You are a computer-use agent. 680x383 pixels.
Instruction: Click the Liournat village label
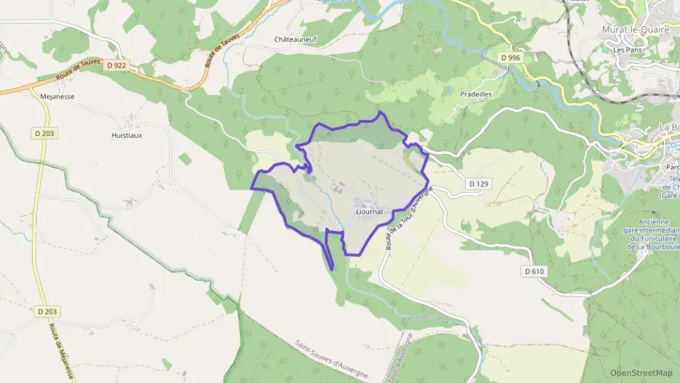[x=370, y=212]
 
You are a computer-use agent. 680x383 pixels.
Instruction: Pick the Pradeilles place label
[x=477, y=94]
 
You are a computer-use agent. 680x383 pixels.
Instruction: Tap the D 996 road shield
[x=511, y=57]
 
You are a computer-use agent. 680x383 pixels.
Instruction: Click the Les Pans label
[x=626, y=50]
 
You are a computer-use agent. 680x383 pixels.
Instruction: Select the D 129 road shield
[x=477, y=184]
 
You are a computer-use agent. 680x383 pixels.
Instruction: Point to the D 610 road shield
[x=533, y=271]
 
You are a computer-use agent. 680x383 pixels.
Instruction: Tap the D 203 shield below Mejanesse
[x=45, y=133]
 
